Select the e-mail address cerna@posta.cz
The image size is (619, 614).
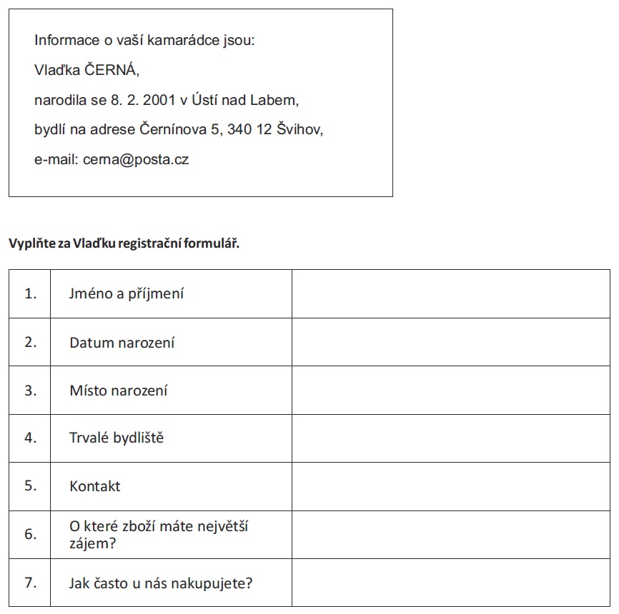(x=136, y=159)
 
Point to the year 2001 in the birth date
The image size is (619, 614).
(x=159, y=100)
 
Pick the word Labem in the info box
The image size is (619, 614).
(x=274, y=100)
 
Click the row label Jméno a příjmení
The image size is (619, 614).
(x=127, y=293)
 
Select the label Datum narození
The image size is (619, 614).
(x=122, y=343)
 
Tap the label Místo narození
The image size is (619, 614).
(x=118, y=391)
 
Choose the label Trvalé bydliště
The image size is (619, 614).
(x=116, y=438)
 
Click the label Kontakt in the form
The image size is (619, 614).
(x=94, y=486)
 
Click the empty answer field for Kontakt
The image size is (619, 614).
(x=450, y=486)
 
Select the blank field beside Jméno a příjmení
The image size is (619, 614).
(x=450, y=293)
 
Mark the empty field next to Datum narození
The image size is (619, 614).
(x=450, y=342)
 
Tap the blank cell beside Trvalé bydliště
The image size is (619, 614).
(x=450, y=438)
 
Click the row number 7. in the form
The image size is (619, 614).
(x=30, y=583)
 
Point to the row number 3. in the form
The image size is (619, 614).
(x=30, y=391)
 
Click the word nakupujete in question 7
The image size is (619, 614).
(x=217, y=583)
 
